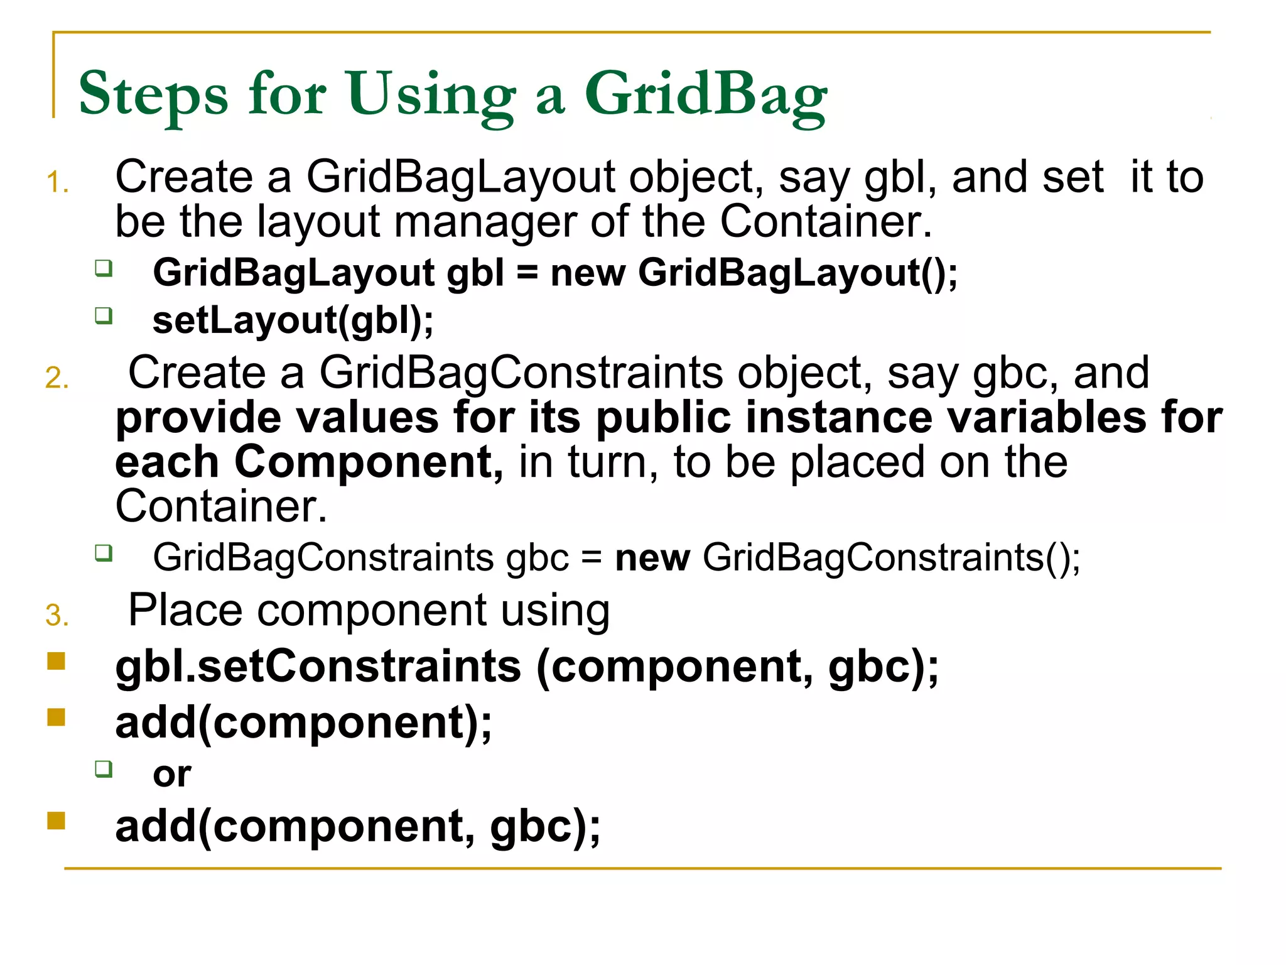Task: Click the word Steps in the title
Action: [153, 94]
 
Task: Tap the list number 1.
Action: [57, 183]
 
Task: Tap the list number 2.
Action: [57, 378]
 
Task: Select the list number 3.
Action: [57, 616]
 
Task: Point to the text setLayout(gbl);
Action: [293, 320]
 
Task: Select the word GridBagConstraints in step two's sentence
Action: [521, 373]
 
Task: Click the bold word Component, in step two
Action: [369, 462]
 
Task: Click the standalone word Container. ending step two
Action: [221, 506]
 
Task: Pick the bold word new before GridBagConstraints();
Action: [652, 558]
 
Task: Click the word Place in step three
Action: [185, 610]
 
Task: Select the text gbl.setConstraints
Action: [318, 667]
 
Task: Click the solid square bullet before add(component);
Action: [57, 717]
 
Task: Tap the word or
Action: [172, 775]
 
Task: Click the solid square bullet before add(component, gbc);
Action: [57, 821]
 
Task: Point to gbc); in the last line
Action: [544, 827]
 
